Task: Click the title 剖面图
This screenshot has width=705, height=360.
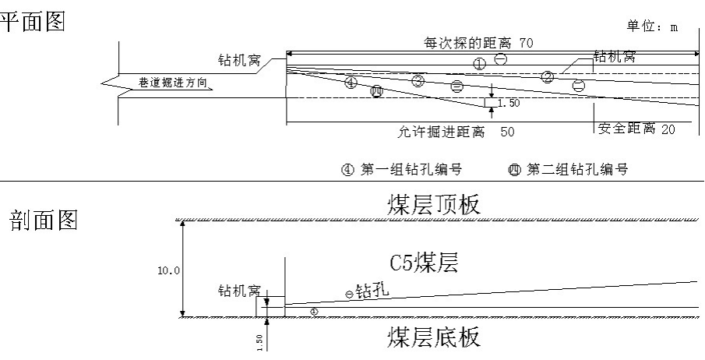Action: (x=44, y=221)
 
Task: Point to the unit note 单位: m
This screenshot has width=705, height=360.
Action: (x=652, y=26)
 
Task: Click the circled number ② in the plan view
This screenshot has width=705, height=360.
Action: (x=548, y=76)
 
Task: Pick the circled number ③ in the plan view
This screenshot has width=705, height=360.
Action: (x=418, y=80)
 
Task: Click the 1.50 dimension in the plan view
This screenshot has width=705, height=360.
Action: (x=508, y=103)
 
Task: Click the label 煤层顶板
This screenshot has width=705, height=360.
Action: (x=434, y=204)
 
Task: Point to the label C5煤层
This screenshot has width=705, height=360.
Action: (x=424, y=262)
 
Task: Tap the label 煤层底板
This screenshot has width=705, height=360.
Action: (x=434, y=337)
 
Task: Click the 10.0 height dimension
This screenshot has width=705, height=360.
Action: (x=167, y=270)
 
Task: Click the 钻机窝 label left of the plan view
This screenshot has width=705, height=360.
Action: (x=239, y=59)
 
